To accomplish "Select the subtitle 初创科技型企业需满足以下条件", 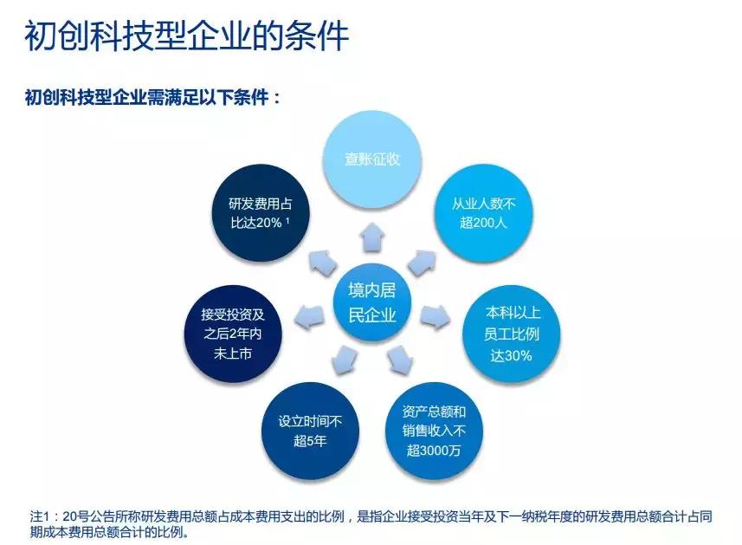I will click(x=152, y=96).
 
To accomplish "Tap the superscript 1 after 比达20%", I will click(x=287, y=219).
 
